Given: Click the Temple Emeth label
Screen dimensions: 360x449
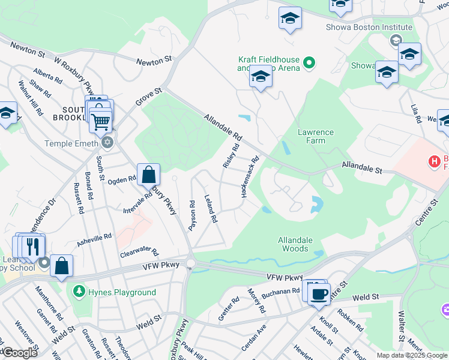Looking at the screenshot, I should pos(71,143).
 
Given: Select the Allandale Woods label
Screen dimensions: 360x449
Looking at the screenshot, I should pos(295,244).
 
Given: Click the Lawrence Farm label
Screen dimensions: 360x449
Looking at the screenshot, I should pos(315,136).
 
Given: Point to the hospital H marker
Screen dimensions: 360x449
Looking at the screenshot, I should pos(433,161).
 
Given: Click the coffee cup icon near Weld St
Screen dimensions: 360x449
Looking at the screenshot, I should pos(319,293).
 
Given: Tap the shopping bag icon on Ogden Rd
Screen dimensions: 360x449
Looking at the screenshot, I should pos(148,175).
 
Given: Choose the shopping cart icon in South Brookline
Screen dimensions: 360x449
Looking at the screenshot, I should pos(100,121).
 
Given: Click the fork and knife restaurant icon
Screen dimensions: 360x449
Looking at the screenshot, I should pos(33,246).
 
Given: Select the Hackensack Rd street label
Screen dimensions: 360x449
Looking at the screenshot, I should pos(250,178).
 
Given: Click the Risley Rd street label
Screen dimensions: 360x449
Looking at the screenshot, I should pos(231,155).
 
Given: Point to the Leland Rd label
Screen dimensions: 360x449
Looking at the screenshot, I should pos(210,209).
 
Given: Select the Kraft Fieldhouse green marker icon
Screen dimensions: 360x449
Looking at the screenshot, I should pos(309,62).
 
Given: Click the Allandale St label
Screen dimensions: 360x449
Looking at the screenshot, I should pos(362,166).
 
